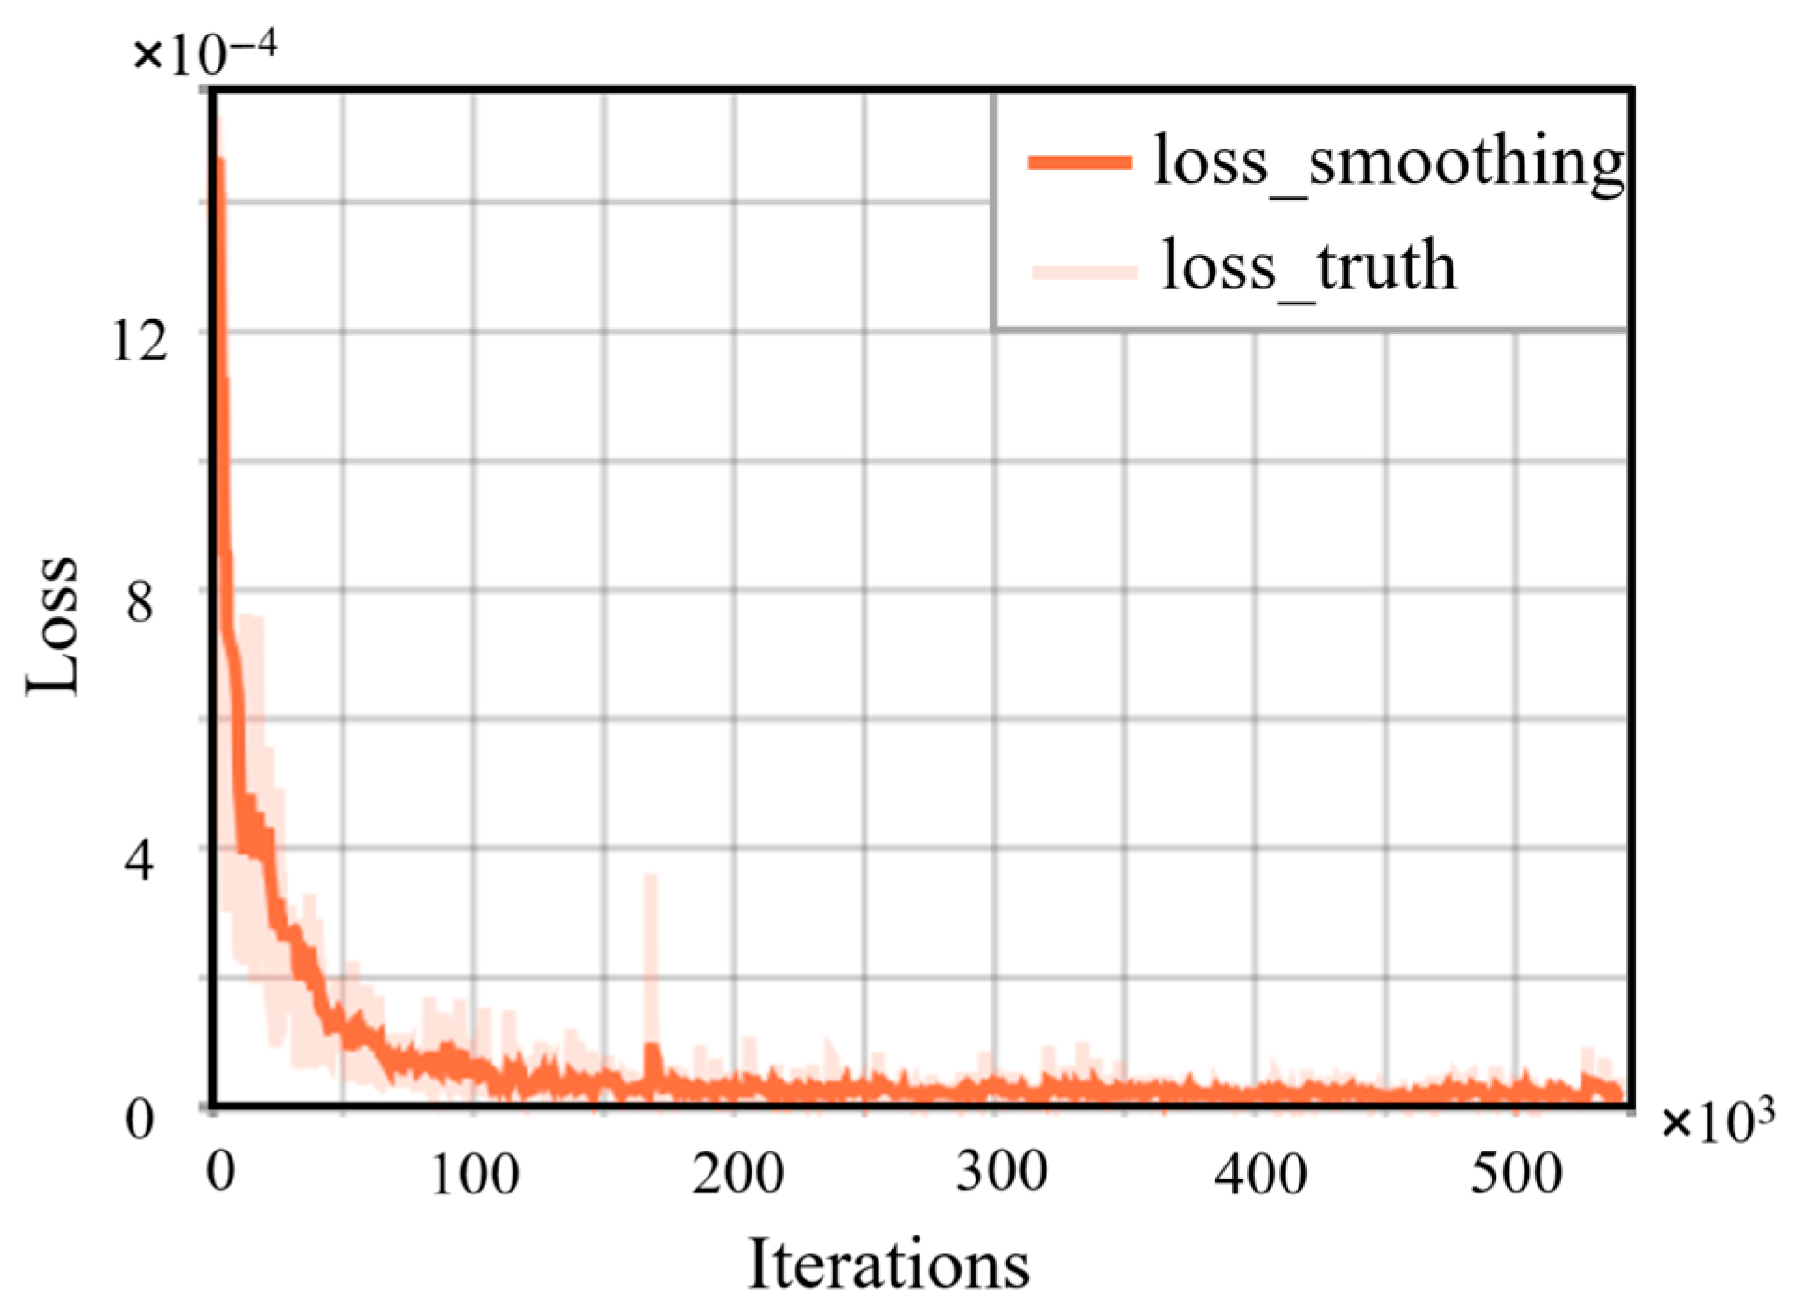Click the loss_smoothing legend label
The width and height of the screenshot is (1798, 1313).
[1388, 162]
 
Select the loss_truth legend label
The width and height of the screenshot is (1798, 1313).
[1308, 267]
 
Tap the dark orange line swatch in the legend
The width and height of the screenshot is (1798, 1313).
[1079, 162]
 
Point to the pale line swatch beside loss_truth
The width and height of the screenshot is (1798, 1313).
[1084, 272]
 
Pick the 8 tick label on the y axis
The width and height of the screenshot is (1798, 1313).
[139, 601]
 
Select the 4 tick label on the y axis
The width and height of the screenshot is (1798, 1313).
[139, 859]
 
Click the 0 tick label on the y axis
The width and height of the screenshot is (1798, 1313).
[139, 1118]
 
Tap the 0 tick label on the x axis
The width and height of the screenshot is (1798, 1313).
[220, 1171]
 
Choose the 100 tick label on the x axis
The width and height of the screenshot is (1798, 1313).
[474, 1175]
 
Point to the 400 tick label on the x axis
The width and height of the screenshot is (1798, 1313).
[1259, 1175]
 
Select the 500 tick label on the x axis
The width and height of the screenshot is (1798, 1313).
[1516, 1173]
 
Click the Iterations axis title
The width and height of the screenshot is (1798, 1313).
[889, 1264]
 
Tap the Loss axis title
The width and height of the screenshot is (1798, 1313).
[53, 626]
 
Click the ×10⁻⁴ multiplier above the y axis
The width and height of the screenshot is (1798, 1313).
[204, 53]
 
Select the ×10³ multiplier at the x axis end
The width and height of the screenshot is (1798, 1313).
[1717, 1122]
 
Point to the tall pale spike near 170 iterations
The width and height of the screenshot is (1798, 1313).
[650, 934]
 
